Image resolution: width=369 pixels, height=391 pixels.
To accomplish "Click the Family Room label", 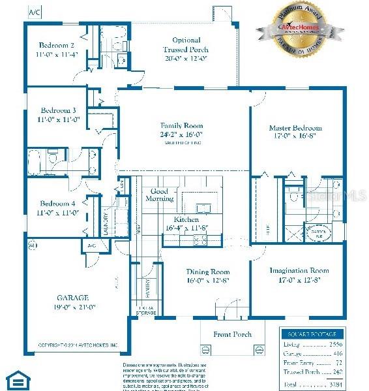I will coord(182,125).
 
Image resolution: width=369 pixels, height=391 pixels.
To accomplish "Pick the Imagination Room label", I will coord(299,270).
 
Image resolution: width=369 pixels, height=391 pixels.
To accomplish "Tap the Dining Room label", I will coord(208,272).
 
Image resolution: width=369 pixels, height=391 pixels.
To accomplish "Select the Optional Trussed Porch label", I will coord(186,40).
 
